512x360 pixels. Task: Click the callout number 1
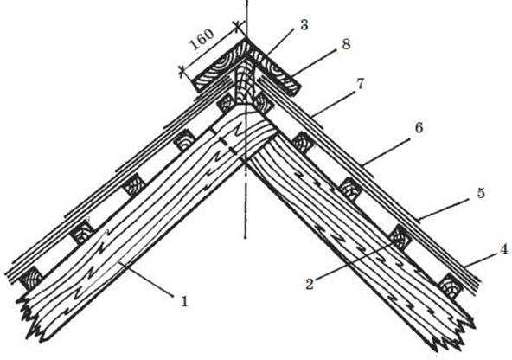(x=184, y=301)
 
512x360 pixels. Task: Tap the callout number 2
(x=310, y=284)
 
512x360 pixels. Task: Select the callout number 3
(x=304, y=25)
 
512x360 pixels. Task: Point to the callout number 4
(x=504, y=249)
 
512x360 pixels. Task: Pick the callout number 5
(x=481, y=193)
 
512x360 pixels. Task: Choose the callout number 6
(x=419, y=127)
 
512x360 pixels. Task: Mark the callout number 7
(x=360, y=84)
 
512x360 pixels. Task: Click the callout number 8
(x=346, y=44)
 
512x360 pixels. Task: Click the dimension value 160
(x=202, y=39)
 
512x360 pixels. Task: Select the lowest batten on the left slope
(x=31, y=279)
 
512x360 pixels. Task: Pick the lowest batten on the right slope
(x=451, y=286)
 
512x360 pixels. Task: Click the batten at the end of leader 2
(x=400, y=236)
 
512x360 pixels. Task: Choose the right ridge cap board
(x=273, y=68)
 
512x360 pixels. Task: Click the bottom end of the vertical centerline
(x=246, y=238)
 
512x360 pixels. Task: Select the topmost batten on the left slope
(x=227, y=104)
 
